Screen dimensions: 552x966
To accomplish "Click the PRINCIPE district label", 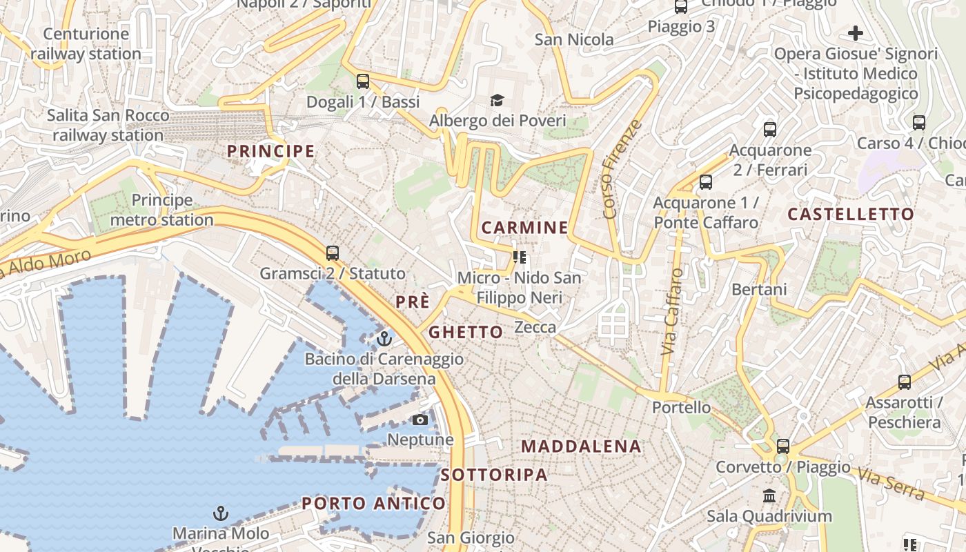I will [270, 151].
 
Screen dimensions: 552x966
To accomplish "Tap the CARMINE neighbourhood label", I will [524, 228].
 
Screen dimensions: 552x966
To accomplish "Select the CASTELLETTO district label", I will [851, 214].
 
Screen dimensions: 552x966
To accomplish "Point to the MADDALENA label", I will [581, 446].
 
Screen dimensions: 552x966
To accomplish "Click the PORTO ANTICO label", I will [373, 504].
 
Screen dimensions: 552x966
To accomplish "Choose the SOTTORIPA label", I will [494, 475].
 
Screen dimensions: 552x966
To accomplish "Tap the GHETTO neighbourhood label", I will [466, 333].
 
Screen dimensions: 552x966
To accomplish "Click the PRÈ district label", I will [413, 302].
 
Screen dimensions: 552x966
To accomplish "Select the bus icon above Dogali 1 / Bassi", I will [363, 81].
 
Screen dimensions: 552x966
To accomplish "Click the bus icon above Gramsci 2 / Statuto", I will [333, 253].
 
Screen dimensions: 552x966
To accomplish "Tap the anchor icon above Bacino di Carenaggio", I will [384, 339].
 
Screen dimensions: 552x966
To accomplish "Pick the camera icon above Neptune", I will [420, 420].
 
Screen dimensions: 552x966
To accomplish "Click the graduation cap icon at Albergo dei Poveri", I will [497, 101].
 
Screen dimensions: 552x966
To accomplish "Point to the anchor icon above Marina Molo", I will [221, 513].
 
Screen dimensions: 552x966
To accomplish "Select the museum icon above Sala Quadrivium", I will [769, 495].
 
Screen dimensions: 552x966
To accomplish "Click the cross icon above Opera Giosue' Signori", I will [856, 33].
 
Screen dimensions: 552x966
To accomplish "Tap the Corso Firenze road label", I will [622, 170].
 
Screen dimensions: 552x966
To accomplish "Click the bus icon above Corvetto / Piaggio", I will [782, 446].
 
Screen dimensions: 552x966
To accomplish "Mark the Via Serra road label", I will [891, 483].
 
